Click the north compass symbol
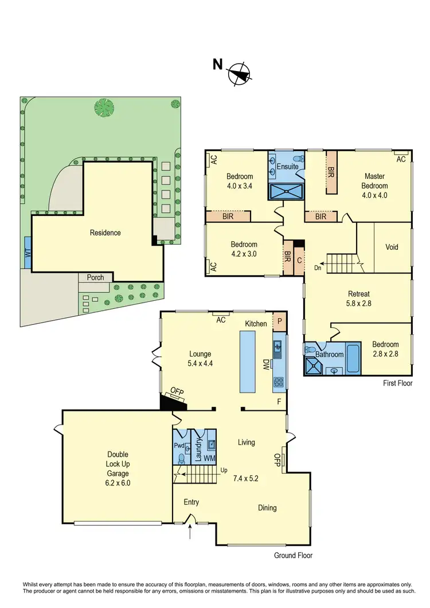coord(240,73)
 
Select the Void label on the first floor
coord(392,248)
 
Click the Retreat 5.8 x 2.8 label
coord(358,299)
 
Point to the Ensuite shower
coord(286,191)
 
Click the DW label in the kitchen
coord(265,364)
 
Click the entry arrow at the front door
coord(190,533)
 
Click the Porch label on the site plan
coord(95,277)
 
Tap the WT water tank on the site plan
coord(28,252)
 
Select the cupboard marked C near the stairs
coord(299,260)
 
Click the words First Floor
coord(397,383)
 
